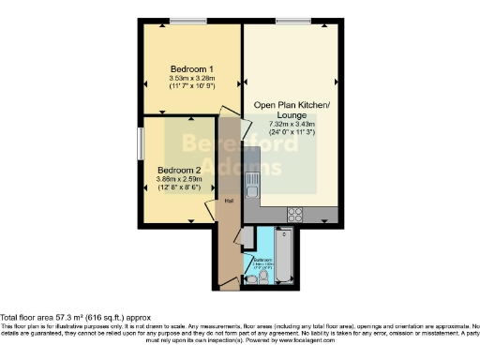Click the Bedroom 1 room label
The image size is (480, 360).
coord(191,69)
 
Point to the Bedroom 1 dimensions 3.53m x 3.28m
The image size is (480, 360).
coord(191,79)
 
